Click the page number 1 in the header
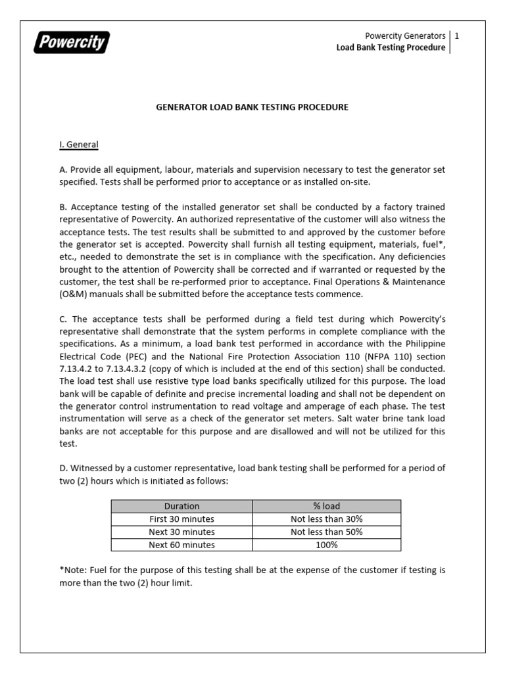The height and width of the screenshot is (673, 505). pos(456,35)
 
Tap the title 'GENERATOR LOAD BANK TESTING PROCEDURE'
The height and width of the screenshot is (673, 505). pos(252,106)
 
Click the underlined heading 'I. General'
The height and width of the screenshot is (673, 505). pos(79,145)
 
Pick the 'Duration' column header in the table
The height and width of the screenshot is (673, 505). pos(181,506)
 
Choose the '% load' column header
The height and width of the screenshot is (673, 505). pos(327,506)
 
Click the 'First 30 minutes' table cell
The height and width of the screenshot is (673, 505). pos(181,519)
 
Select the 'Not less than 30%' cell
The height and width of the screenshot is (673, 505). pos(327,519)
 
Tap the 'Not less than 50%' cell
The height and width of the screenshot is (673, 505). pos(327,532)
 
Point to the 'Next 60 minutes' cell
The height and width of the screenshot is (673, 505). pos(181,545)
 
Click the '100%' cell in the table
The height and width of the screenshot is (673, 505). pos(327,545)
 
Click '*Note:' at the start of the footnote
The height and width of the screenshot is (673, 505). pos(74,570)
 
